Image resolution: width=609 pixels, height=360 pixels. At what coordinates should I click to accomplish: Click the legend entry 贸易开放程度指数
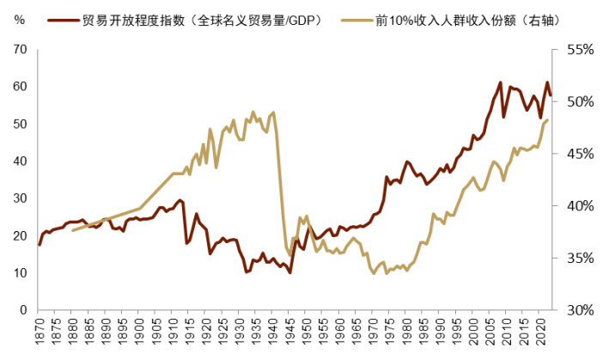click(202, 19)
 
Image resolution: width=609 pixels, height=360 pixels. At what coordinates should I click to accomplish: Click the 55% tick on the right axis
click(580, 50)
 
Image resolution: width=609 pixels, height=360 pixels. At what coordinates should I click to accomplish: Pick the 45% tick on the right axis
click(580, 154)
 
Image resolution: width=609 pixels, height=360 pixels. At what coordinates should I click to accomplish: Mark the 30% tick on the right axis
click(580, 309)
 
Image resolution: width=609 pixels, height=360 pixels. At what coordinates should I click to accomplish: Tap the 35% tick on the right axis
click(580, 258)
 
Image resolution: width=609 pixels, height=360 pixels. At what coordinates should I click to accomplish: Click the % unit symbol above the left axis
click(20, 19)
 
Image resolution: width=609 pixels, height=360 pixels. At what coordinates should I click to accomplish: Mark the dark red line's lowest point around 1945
click(290, 272)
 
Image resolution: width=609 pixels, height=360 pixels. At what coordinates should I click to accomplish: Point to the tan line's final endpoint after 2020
click(548, 120)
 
